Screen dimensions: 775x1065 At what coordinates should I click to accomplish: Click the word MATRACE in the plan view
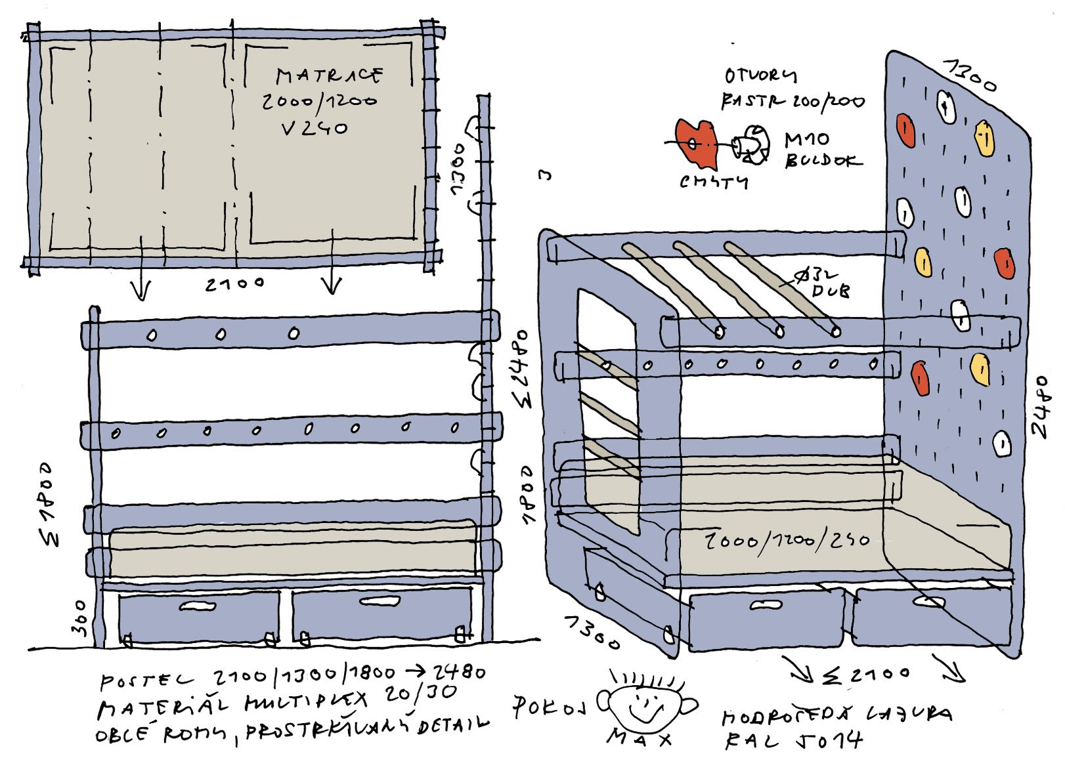328,75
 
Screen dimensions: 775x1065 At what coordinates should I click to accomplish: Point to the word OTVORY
760,76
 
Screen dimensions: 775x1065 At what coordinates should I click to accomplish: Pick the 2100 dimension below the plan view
234,284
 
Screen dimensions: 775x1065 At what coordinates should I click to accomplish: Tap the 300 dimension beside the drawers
80,617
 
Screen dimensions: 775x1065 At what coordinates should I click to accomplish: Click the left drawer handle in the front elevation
198,606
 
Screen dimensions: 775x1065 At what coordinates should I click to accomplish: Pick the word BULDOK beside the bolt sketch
822,160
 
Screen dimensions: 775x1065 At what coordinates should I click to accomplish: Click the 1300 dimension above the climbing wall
969,75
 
